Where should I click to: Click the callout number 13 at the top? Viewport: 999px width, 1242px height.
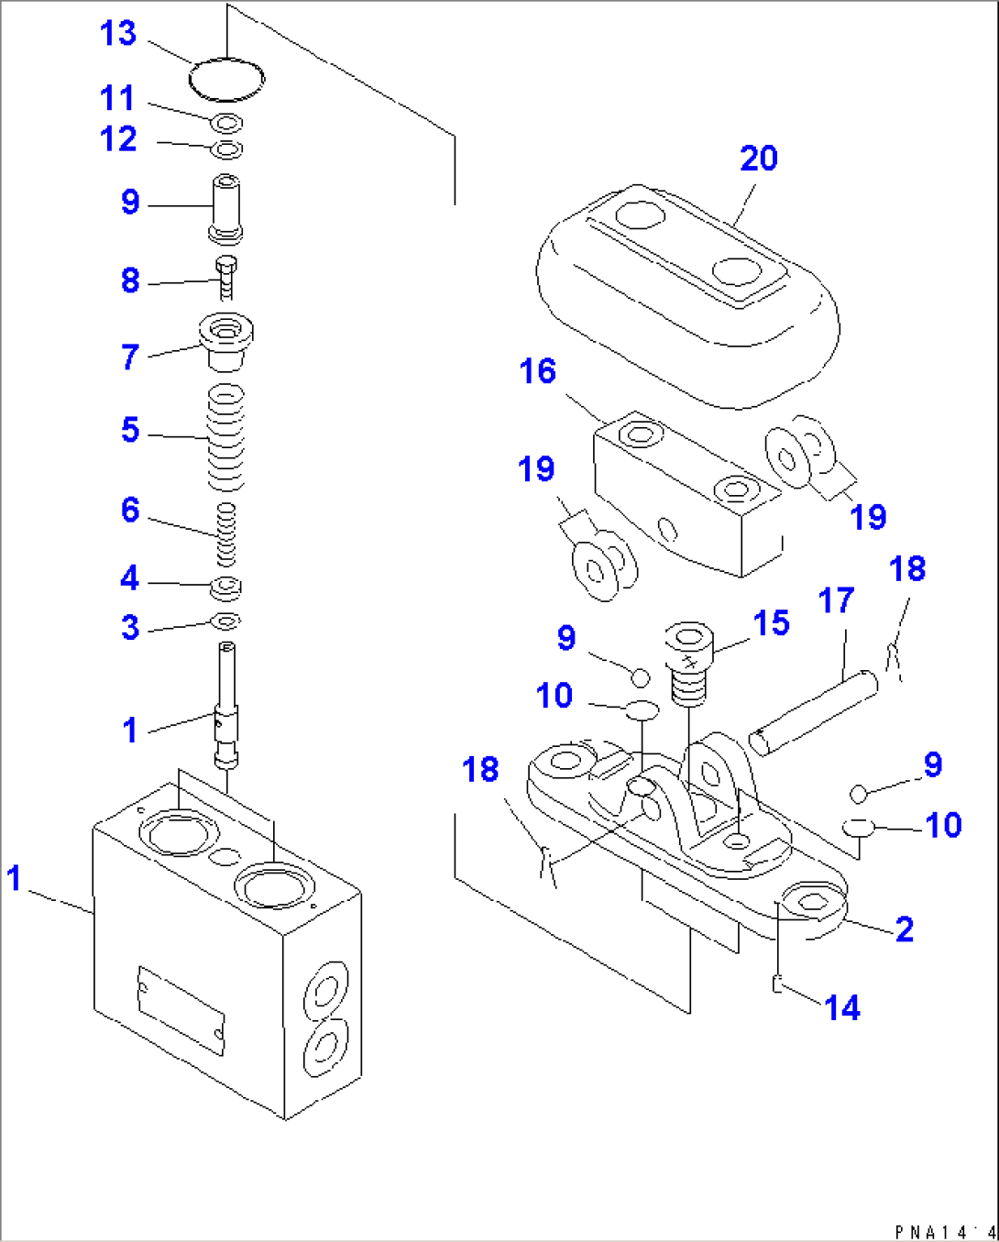(118, 34)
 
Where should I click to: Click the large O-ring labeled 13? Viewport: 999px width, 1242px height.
(226, 79)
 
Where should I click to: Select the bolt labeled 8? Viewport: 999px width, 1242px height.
(226, 278)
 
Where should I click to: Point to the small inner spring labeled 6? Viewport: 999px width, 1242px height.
(225, 534)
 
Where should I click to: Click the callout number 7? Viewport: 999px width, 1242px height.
(130, 357)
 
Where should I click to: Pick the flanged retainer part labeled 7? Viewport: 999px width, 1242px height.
(225, 340)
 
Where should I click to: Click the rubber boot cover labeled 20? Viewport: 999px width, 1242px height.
(687, 293)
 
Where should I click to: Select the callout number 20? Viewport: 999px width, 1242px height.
(759, 159)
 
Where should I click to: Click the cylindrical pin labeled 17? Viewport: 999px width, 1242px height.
(813, 713)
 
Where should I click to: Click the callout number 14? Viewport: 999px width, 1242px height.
(842, 1008)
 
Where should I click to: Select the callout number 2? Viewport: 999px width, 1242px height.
(904, 929)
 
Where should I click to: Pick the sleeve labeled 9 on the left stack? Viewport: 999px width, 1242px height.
(226, 208)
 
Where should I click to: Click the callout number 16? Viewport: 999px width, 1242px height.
(537, 371)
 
